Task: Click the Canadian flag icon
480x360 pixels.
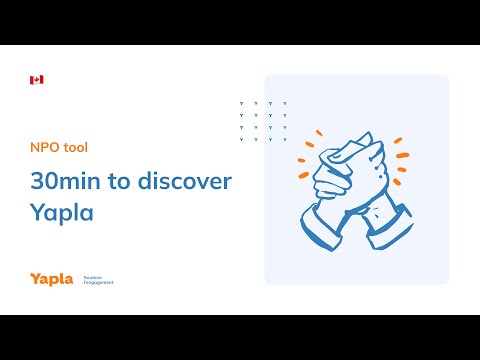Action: coord(37,79)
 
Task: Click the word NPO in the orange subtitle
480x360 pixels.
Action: coord(44,147)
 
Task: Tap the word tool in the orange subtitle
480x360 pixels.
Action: coord(74,147)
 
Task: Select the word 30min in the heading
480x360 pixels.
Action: coord(67,181)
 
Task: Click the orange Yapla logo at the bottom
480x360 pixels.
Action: coord(51,279)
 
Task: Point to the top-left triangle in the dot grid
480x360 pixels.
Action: coord(243,103)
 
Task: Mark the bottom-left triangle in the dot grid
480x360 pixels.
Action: coord(243,139)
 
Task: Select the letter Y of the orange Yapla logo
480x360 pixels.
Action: coord(35,279)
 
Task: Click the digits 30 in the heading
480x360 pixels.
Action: coord(43,181)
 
